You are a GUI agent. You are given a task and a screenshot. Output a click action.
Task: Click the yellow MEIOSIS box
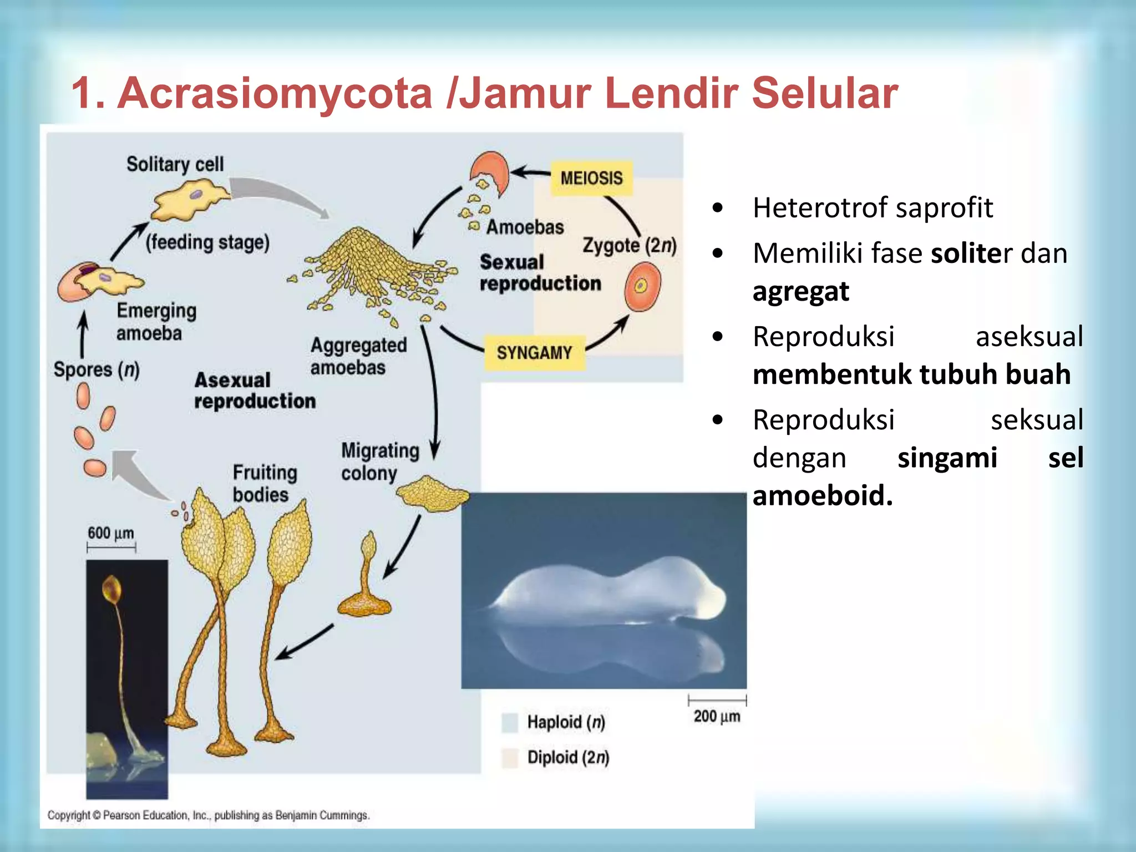591,178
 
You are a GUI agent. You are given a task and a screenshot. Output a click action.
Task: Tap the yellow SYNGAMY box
534,353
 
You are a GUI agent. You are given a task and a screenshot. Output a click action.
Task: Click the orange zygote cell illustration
642,286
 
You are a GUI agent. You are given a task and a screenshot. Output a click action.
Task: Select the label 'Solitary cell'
175,164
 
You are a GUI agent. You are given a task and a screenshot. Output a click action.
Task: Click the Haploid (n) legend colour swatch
509,722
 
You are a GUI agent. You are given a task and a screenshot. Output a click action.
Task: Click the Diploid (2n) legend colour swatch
509,757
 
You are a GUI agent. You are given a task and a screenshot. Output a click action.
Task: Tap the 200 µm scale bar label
717,716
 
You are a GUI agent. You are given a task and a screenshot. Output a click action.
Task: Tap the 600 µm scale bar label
111,533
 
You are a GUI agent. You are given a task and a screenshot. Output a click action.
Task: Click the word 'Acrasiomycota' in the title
275,93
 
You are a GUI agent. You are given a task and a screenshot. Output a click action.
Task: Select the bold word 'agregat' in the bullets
800,291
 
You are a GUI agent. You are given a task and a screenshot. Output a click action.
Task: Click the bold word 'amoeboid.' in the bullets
823,495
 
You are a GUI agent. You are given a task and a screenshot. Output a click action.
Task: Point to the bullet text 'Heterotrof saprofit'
872,208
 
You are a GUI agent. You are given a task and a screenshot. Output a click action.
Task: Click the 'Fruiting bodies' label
264,483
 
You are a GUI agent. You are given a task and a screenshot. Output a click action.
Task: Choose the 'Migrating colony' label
379,461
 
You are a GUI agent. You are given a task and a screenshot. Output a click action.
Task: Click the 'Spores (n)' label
97,369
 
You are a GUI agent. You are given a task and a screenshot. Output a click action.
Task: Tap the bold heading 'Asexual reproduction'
255,390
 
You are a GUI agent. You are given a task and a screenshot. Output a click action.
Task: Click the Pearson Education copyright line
208,815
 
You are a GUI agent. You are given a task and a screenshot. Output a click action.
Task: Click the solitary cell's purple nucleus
196,194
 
